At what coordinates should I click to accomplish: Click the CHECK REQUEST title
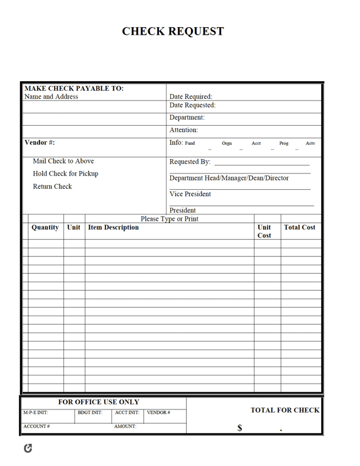(173, 31)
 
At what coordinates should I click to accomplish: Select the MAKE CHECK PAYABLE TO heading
(74, 89)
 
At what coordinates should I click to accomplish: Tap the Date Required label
(191, 97)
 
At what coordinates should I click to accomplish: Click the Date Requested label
(192, 106)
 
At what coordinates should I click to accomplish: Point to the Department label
(187, 118)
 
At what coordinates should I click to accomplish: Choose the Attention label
(184, 130)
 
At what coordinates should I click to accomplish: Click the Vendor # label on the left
(40, 143)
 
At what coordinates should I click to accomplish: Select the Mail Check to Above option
(63, 161)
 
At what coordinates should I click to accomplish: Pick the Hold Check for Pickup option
(65, 174)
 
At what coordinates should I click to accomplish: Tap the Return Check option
(52, 186)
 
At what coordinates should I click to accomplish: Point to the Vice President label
(190, 194)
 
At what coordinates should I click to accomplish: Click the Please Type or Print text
(170, 219)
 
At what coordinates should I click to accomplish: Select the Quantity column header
(45, 228)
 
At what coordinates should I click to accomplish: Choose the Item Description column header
(114, 228)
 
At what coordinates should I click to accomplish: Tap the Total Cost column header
(300, 228)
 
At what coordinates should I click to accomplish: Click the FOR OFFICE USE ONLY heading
(99, 402)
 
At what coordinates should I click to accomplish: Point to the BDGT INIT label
(90, 413)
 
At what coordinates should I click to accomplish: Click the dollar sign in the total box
(239, 428)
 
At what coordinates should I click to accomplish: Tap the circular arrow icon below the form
(28, 448)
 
